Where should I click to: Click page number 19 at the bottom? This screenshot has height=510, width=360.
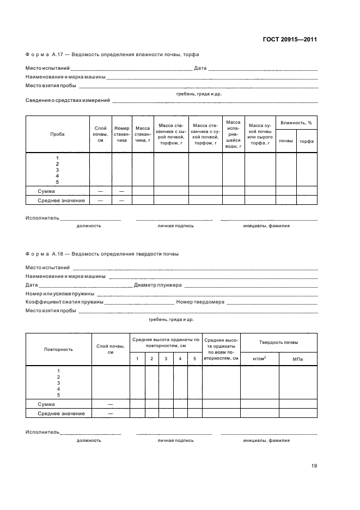click(x=314, y=466)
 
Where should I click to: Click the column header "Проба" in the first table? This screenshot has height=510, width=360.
click(x=57, y=134)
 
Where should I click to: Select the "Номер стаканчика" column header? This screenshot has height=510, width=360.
click(x=122, y=134)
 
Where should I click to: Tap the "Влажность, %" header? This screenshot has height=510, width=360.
click(x=296, y=123)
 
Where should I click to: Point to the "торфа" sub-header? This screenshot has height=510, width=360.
click(x=307, y=141)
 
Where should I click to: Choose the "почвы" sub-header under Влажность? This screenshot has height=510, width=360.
click(x=286, y=141)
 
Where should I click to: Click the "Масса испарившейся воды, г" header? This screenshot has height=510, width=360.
click(x=233, y=134)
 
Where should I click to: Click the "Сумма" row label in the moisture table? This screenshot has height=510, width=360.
click(x=46, y=191)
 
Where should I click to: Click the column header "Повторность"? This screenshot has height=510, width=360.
click(x=58, y=349)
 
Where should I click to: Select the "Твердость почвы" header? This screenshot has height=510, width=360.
click(x=278, y=342)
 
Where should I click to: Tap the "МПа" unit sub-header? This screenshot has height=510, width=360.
click(x=297, y=359)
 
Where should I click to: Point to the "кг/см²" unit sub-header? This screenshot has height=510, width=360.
click(x=259, y=359)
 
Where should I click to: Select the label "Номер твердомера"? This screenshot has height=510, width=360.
click(x=200, y=302)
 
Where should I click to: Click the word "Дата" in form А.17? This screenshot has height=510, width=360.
click(x=200, y=69)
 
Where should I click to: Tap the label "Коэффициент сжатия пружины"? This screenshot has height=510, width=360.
click(x=64, y=302)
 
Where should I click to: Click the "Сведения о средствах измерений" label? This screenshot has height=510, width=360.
click(x=68, y=100)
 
